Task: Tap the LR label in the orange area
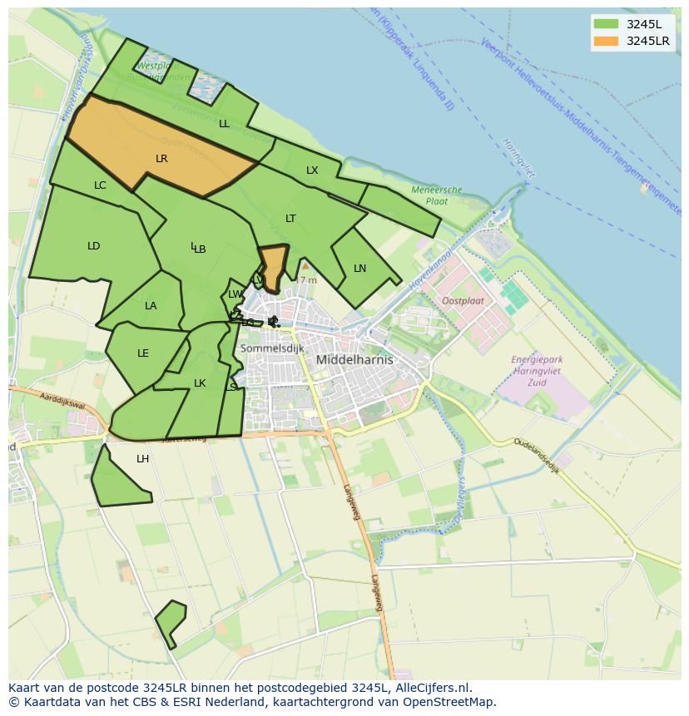pos(161,158)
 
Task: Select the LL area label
pos(224,124)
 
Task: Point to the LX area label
pos(312,170)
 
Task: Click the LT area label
pos(290,219)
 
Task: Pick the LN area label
pos(359,269)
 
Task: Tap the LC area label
pos(100,185)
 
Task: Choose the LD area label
pos(93,246)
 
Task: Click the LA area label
pos(151,306)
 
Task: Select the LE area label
pos(143,353)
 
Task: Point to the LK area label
pos(200,383)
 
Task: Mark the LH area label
pos(143,459)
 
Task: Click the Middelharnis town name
pos(354,360)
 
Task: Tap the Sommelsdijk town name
pos(271,348)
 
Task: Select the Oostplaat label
pos(463,300)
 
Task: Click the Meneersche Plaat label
pos(436,195)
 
